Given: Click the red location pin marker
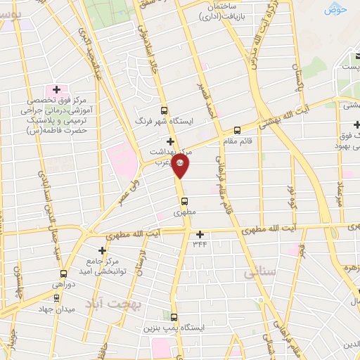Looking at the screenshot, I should click(181, 165).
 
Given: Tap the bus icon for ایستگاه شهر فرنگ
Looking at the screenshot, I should click(165, 110).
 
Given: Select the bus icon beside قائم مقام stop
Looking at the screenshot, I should click(237, 130).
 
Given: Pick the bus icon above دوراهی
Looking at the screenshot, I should click(63, 274).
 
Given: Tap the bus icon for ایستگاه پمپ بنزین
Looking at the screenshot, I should click(174, 317).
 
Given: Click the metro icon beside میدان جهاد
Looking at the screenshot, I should click(56, 297).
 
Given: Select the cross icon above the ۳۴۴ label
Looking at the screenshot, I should click(200, 235).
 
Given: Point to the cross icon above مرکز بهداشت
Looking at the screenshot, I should click(169, 141).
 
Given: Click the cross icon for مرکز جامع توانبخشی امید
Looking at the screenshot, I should click(103, 250).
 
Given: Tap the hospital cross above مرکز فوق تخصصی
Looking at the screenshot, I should click(56, 90).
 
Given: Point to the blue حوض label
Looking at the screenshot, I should click(337, 9).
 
